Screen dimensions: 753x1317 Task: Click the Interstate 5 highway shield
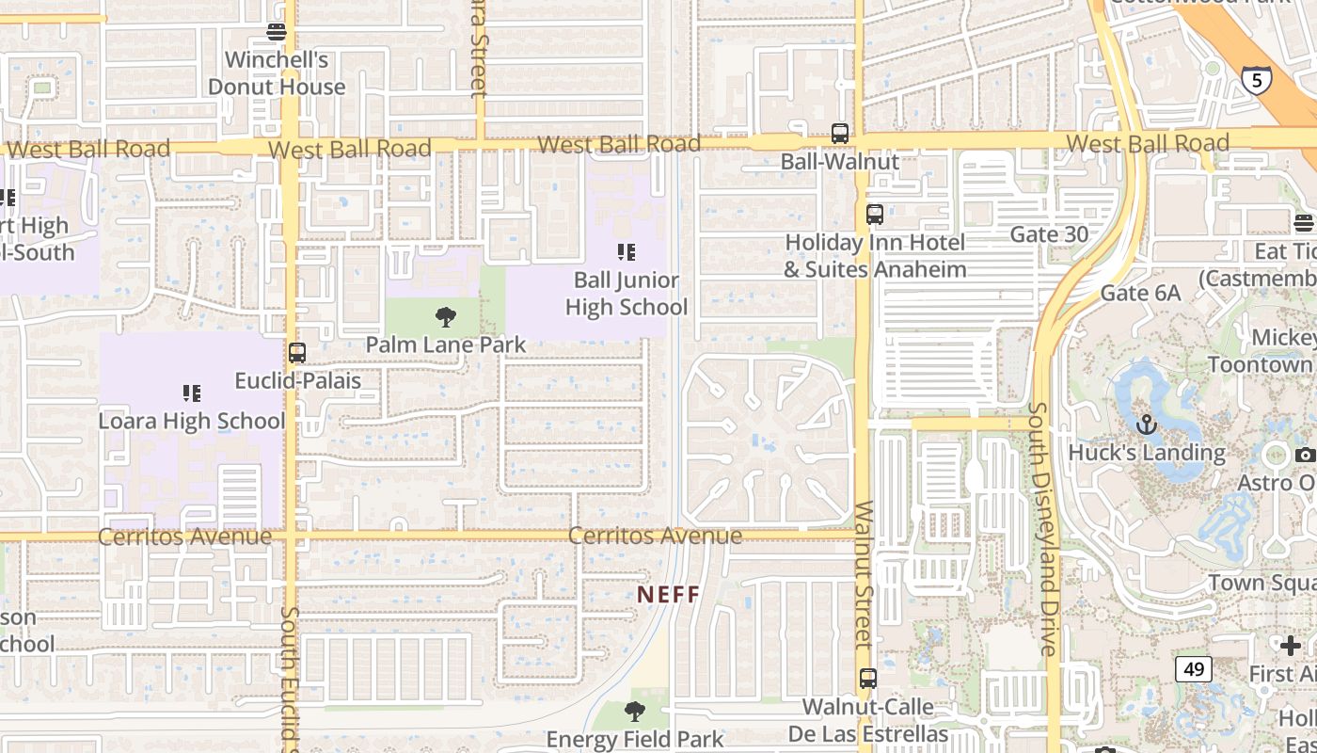(x=1256, y=80)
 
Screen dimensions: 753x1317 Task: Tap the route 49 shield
(x=1194, y=669)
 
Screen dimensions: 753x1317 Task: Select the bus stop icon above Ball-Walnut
(x=840, y=134)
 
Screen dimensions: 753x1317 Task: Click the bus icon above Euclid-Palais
(x=297, y=353)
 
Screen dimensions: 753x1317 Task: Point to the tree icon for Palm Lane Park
(x=446, y=317)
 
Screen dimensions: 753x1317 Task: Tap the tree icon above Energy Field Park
(x=635, y=711)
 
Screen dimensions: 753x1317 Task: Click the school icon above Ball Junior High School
(x=626, y=251)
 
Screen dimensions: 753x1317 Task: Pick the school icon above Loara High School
(x=192, y=393)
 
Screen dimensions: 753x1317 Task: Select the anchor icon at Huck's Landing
(x=1146, y=425)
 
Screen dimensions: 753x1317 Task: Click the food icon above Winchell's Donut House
(x=277, y=32)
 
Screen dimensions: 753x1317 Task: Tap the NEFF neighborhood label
(x=669, y=595)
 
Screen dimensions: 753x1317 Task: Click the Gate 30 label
(x=1049, y=233)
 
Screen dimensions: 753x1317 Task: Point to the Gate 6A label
(x=1140, y=293)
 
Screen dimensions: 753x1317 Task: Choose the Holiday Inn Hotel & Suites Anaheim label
(x=875, y=256)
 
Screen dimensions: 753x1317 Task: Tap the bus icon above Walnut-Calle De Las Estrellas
(x=868, y=678)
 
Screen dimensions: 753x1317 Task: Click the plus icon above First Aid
(x=1291, y=646)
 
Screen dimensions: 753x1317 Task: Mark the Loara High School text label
(x=192, y=421)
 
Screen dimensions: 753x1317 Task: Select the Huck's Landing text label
(x=1147, y=453)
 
